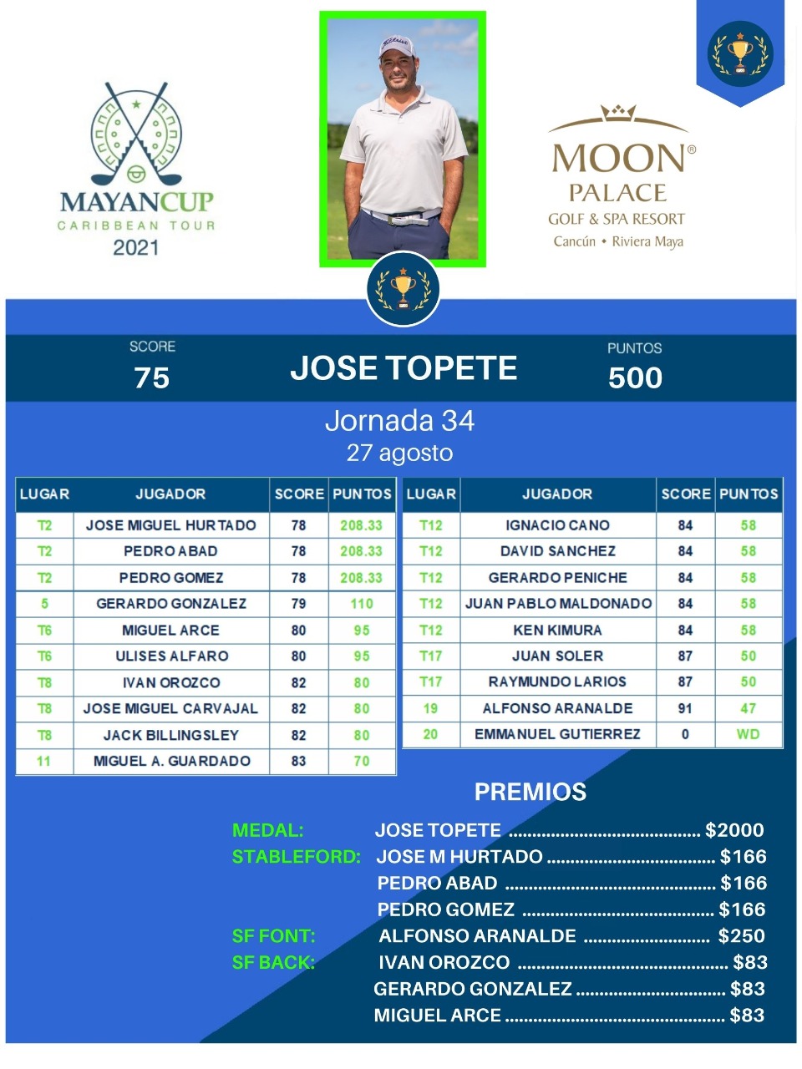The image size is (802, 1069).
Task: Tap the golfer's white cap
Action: tap(398, 47)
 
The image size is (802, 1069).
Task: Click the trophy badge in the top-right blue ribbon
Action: tap(739, 53)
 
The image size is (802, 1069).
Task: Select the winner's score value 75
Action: tap(152, 377)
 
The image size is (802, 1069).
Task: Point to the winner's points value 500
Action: tap(635, 377)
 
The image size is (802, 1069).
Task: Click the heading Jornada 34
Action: tap(399, 420)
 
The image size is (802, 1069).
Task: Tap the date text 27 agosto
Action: tap(399, 453)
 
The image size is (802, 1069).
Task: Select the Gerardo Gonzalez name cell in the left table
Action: tap(171, 604)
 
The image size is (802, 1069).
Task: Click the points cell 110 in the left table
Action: tap(362, 604)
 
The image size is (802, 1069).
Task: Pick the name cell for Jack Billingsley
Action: tap(171, 735)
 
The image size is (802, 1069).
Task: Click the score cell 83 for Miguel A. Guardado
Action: tap(298, 761)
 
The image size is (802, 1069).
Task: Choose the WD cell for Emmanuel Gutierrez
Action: tap(748, 734)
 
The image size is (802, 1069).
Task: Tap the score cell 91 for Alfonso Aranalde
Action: tap(685, 708)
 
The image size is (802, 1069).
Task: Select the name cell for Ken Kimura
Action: tap(557, 630)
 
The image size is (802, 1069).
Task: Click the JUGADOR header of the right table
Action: tap(557, 494)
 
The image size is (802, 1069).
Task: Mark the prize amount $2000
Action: tap(734, 830)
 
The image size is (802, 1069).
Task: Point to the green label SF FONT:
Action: tap(274, 936)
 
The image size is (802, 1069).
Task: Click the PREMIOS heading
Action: tap(530, 792)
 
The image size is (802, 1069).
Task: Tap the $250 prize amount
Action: tap(741, 936)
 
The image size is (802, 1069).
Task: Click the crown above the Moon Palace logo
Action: tap(618, 113)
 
